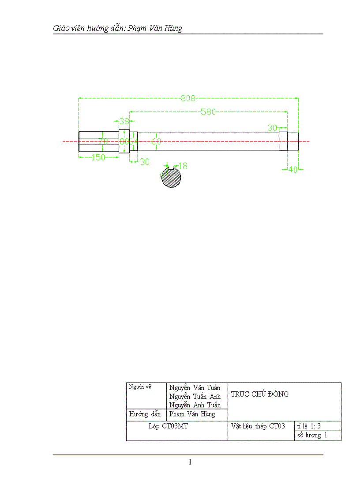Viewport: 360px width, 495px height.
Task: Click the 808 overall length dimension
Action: pyautogui.click(x=188, y=98)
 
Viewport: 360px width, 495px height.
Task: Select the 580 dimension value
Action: pyautogui.click(x=208, y=112)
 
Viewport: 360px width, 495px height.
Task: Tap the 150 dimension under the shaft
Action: pyautogui.click(x=98, y=157)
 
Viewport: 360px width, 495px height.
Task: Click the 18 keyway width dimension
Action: pyautogui.click(x=183, y=166)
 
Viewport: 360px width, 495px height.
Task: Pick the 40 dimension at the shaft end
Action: pyautogui.click(x=292, y=169)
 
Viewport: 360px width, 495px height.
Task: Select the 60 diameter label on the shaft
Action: pyautogui.click(x=156, y=141)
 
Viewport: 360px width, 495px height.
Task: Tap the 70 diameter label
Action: pyautogui.click(x=103, y=141)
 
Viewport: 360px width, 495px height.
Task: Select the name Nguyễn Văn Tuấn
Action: pyautogui.click(x=195, y=387)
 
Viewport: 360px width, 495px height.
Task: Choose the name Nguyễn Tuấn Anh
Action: pyautogui.click(x=195, y=396)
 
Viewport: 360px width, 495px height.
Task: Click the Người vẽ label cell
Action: pyautogui.click(x=140, y=387)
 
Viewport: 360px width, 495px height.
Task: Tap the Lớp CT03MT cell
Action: pyautogui.click(x=169, y=426)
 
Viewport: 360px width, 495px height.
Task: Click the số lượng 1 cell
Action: pyautogui.click(x=312, y=435)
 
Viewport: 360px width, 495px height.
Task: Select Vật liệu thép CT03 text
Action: pyautogui.click(x=258, y=426)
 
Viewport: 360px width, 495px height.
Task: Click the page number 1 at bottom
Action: pyautogui.click(x=190, y=462)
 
